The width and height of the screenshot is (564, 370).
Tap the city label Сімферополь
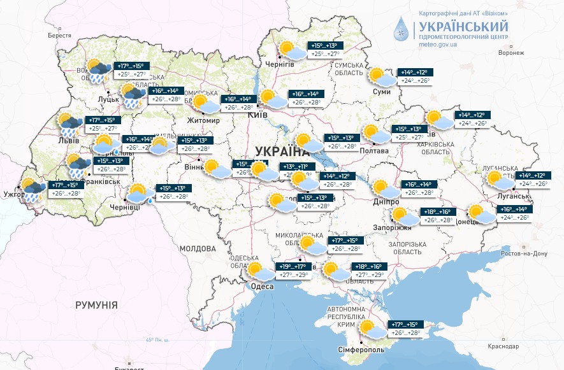pyautogui.click(x=361, y=350)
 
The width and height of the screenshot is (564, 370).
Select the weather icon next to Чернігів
pyautogui.click(x=287, y=49)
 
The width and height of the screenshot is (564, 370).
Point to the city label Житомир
pyautogui.click(x=203, y=120)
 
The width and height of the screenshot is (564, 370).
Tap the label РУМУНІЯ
pyautogui.click(x=96, y=305)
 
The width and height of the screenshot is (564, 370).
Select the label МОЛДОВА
pyautogui.click(x=198, y=248)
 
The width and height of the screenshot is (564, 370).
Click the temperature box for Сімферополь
pyautogui.click(x=409, y=329)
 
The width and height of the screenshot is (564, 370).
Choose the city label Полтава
pyautogui.click(x=375, y=150)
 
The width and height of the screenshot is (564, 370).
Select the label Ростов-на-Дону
pyautogui.click(x=524, y=253)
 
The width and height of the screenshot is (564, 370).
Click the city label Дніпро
pyautogui.click(x=386, y=201)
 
